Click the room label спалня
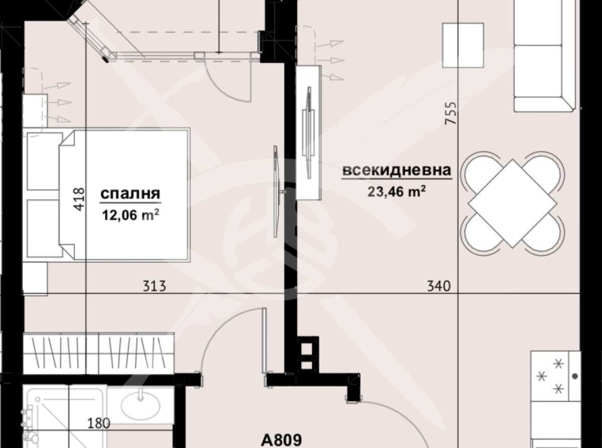pyautogui.click(x=130, y=193)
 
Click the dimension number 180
pyautogui.click(x=98, y=423)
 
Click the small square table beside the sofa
pyautogui.click(x=461, y=40)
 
